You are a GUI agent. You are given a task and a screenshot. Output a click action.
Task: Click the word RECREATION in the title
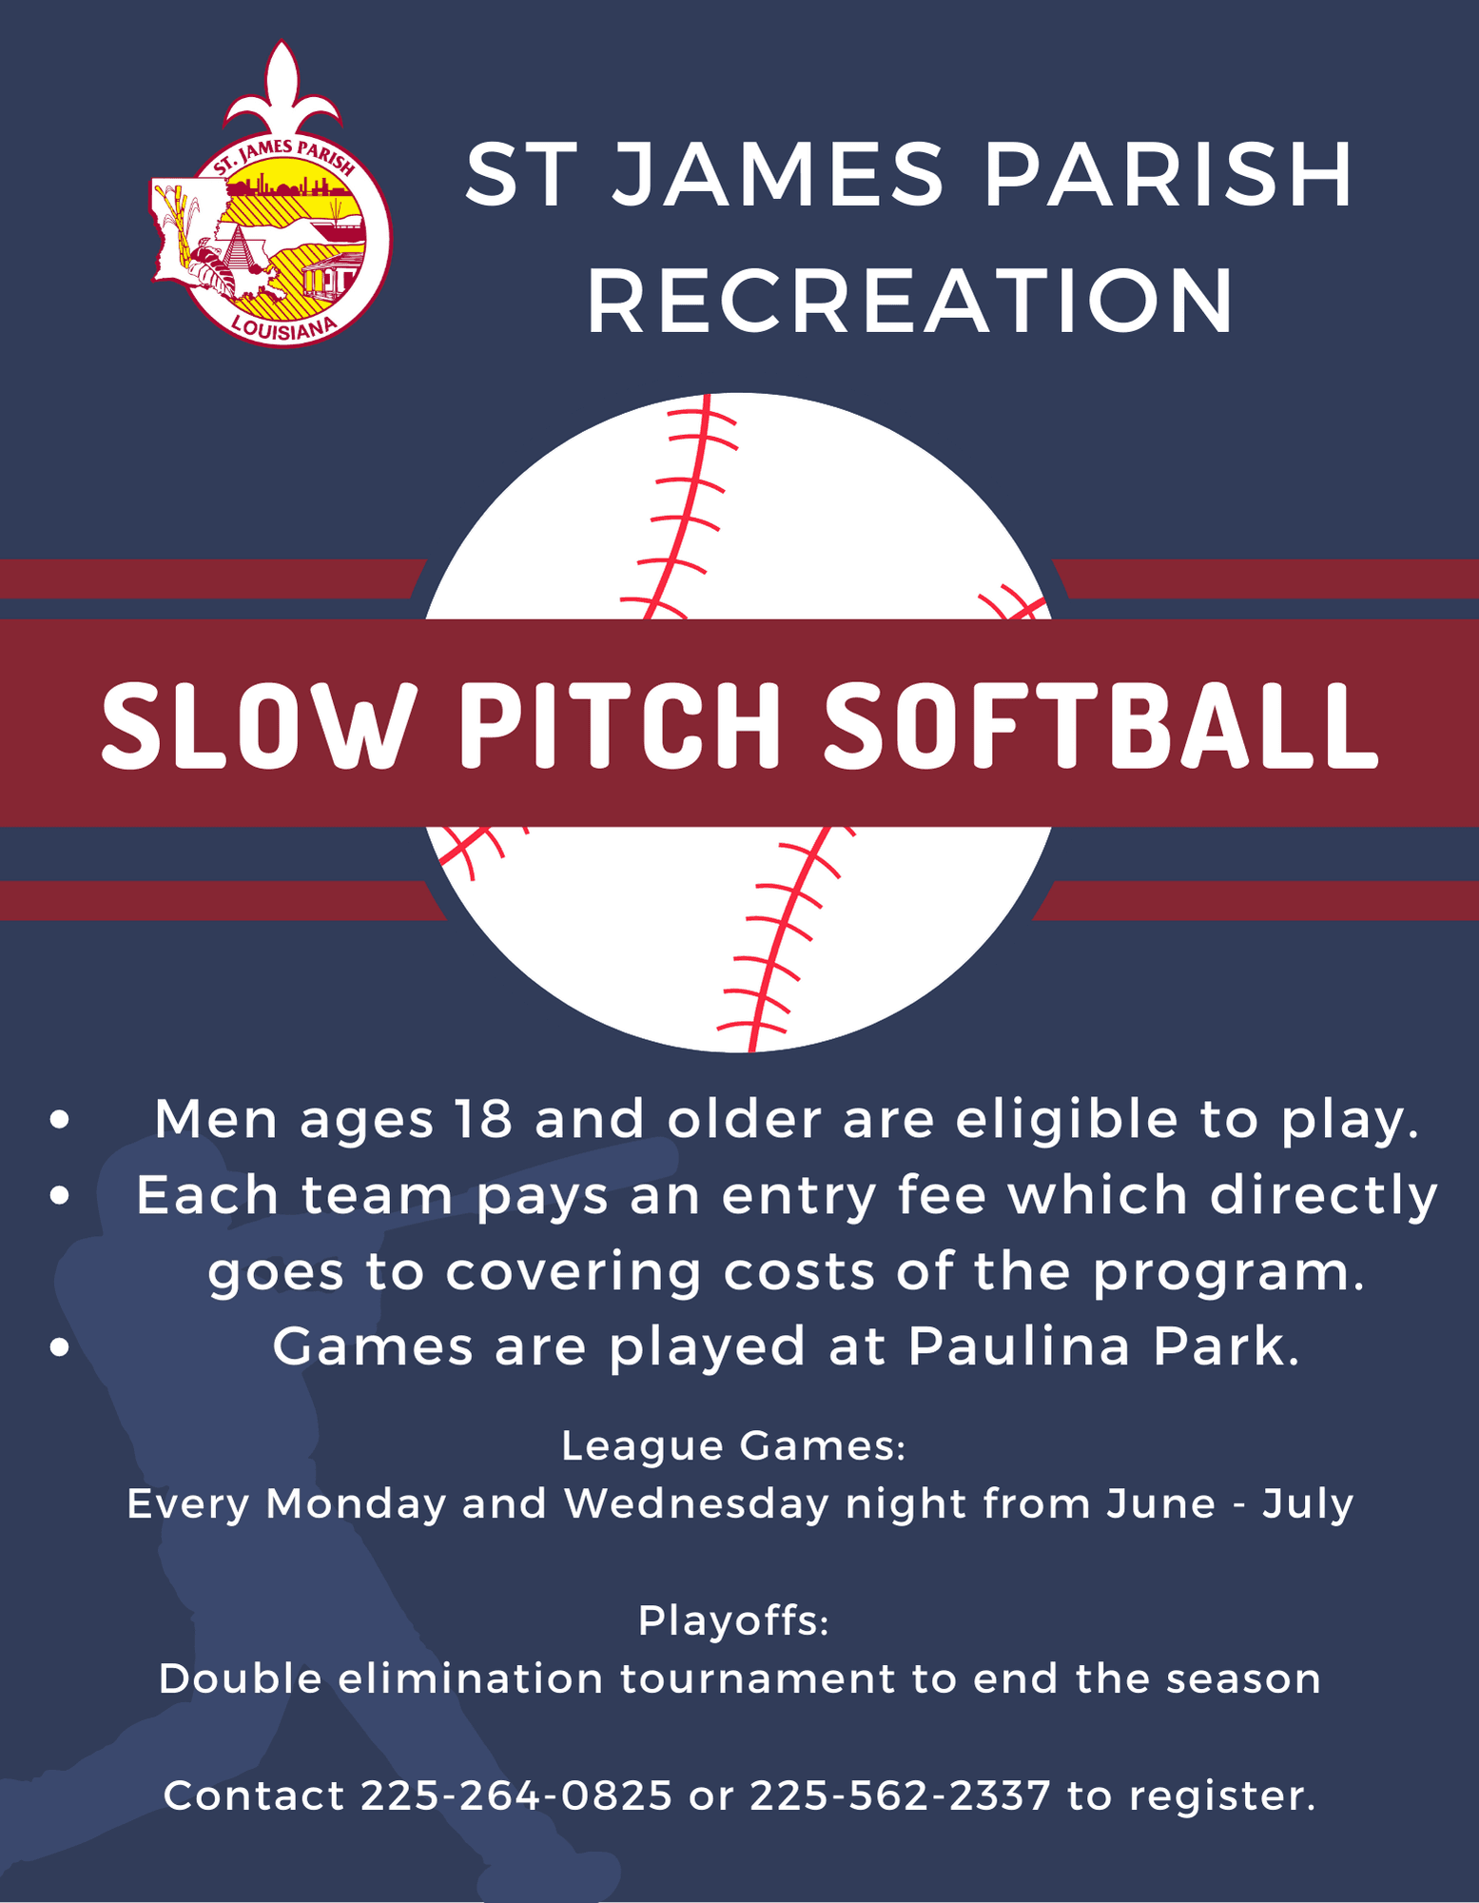[x=910, y=301]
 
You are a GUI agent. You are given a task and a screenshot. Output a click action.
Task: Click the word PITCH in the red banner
[x=620, y=725]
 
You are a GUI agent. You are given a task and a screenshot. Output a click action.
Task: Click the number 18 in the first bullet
[x=483, y=1119]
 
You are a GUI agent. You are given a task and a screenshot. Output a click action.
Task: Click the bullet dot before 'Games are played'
[x=60, y=1348]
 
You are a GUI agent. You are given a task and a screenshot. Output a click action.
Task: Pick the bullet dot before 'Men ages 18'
[x=60, y=1120]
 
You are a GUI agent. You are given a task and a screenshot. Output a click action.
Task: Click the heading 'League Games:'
[x=733, y=1446]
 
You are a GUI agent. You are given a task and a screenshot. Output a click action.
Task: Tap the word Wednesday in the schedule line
[x=695, y=1504]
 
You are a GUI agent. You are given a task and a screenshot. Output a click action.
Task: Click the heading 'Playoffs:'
[x=733, y=1620]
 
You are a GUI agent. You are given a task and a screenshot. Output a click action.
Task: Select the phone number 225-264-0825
[x=516, y=1795]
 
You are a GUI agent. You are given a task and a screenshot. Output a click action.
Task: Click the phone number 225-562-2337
[x=900, y=1795]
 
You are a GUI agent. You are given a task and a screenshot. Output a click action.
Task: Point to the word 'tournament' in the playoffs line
[x=756, y=1678]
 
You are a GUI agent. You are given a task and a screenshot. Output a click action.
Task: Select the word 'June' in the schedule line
[x=1160, y=1504]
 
